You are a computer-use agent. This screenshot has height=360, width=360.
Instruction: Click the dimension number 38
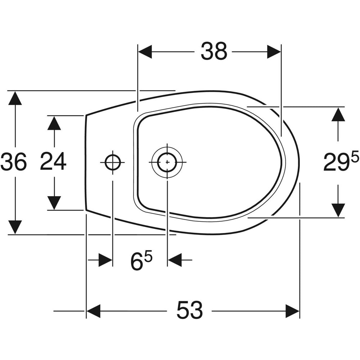coord(214,51)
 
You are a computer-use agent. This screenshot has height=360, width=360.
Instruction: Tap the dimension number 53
coord(190,310)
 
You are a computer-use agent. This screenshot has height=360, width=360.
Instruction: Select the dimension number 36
coord(14,161)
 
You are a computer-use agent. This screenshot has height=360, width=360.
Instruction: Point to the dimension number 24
coord(53,161)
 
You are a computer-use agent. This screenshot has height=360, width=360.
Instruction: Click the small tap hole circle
coord(113,162)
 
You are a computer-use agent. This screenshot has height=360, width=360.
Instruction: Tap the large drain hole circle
coord(167,162)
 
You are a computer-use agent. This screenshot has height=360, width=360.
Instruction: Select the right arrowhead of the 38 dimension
coord(274,52)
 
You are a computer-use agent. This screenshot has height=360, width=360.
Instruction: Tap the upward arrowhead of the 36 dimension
coord(15,98)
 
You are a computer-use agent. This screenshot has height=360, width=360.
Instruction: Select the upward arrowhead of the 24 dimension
coord(54,123)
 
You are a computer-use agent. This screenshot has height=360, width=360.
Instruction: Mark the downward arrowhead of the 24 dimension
coord(54,202)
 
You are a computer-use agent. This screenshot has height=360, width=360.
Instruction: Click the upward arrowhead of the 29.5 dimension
coord(338,114)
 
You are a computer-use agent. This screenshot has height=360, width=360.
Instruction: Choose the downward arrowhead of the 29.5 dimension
coord(338,210)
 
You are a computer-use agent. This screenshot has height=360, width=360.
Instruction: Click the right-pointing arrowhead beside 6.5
coord(105,260)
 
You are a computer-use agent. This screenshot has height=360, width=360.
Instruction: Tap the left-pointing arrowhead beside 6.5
coord(175,260)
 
